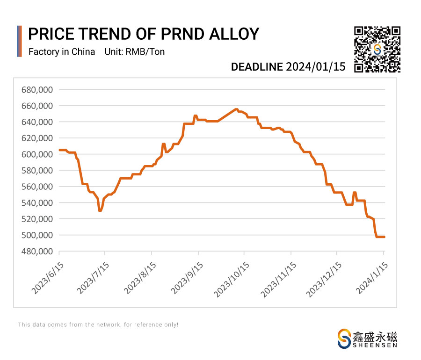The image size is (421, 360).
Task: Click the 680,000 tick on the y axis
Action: click(x=37, y=90)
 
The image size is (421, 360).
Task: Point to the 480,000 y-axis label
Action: click(x=37, y=252)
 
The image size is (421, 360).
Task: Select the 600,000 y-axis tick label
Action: click(x=37, y=154)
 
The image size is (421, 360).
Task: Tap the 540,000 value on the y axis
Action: click(x=37, y=203)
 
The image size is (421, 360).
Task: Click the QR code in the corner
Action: click(x=377, y=50)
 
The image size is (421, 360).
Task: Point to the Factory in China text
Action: click(x=62, y=51)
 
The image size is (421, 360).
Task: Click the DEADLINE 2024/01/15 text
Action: click(x=288, y=67)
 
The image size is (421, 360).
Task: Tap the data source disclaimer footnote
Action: click(x=98, y=324)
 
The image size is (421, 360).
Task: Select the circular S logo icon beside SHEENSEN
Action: click(x=344, y=338)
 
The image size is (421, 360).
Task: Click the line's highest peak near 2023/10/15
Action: click(x=236, y=109)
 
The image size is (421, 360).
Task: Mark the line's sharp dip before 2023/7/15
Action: click(x=100, y=211)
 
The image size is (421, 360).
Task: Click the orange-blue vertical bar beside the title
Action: click(x=19, y=41)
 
